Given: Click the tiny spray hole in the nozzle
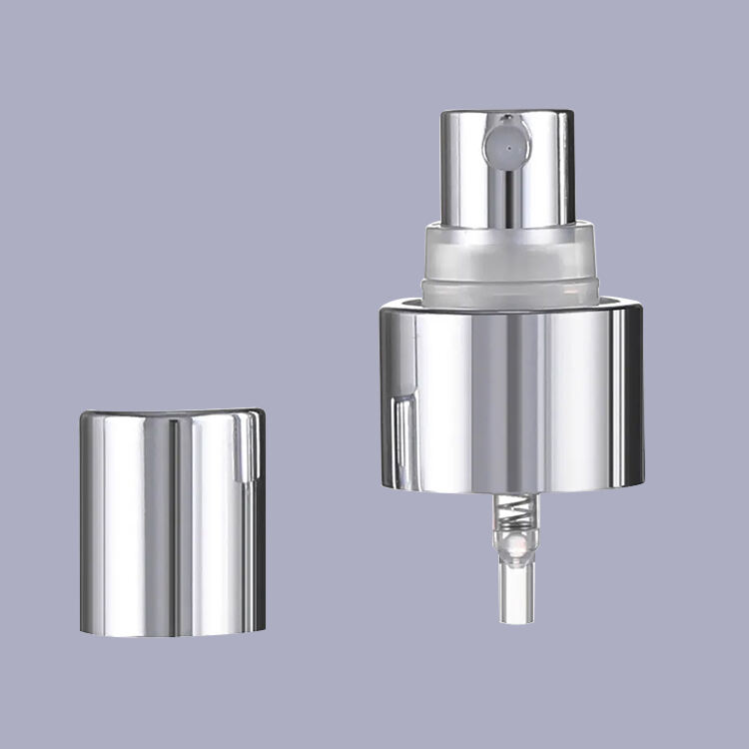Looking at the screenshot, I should (x=507, y=145).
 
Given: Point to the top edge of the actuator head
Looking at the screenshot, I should (x=507, y=112).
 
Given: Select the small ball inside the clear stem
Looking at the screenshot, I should (x=513, y=547).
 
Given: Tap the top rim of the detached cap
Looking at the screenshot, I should (x=172, y=412).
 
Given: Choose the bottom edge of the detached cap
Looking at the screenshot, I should (x=172, y=633).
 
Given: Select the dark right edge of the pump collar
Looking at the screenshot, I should (x=636, y=399).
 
